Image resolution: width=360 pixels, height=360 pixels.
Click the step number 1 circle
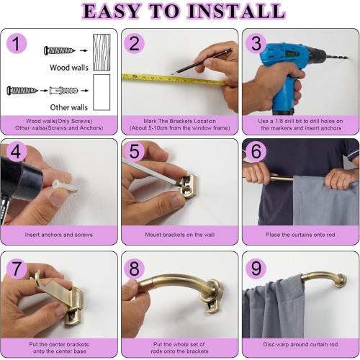(x=17, y=43)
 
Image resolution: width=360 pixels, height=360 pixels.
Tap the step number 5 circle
(x=134, y=151)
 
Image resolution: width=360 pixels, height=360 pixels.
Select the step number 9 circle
(x=256, y=268)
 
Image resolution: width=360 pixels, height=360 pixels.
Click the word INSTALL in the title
(x=236, y=12)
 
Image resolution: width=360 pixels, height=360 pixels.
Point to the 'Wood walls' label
(x=69, y=68)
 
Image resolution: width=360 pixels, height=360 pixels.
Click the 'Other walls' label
(x=69, y=107)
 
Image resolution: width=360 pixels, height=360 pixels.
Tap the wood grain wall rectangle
(x=102, y=52)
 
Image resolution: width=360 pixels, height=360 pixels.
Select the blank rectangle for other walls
(x=102, y=92)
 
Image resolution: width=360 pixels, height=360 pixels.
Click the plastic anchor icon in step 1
(x=64, y=91)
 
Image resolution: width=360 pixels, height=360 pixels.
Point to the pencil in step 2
(x=202, y=61)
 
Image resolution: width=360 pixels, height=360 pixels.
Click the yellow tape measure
(x=174, y=79)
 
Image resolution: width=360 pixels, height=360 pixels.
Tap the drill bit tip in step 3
(x=346, y=58)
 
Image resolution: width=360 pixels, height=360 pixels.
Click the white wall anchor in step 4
(x=65, y=186)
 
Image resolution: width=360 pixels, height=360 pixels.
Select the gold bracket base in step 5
(x=189, y=186)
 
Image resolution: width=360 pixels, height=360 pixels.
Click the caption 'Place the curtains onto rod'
(x=300, y=235)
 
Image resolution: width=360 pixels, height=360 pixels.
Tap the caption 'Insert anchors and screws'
(x=59, y=235)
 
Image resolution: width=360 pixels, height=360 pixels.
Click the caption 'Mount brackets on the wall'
(x=179, y=235)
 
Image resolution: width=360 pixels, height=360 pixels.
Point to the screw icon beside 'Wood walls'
(x=60, y=50)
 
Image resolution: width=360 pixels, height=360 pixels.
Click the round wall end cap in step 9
(x=341, y=281)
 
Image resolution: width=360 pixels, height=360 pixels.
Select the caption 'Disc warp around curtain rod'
(x=300, y=344)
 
